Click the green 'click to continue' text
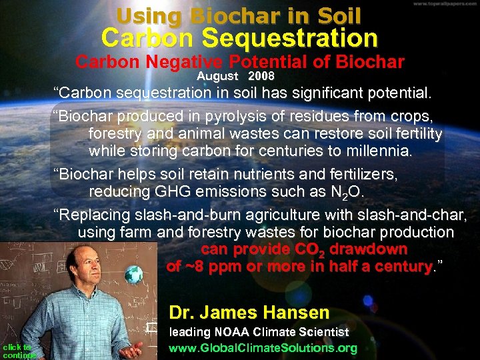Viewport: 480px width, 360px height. click(x=17, y=351)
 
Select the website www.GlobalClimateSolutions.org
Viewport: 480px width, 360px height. click(x=263, y=348)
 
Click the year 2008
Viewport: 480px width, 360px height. click(x=261, y=77)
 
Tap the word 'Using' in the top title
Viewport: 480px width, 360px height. click(x=149, y=15)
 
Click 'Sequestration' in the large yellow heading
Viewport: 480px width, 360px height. click(x=290, y=37)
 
